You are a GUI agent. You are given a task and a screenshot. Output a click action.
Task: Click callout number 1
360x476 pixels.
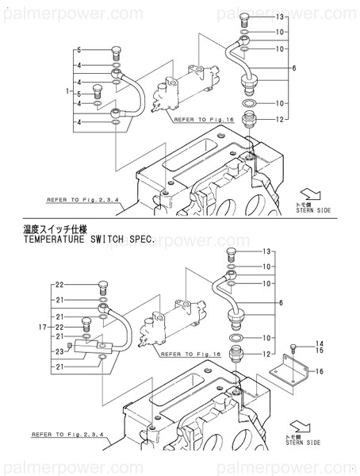[x=69, y=93]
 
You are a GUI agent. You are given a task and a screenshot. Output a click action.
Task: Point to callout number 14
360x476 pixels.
[x=320, y=343]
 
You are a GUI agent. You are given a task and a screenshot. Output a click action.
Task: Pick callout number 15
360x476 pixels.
[x=320, y=351]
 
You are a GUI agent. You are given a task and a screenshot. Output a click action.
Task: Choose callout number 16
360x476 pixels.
[x=320, y=370]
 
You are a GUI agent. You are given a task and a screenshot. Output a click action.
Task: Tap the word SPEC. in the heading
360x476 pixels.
[x=167, y=238]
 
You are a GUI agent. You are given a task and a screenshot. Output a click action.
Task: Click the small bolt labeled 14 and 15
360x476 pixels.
[x=294, y=347]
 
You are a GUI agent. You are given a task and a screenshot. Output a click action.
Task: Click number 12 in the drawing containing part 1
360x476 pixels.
[x=280, y=119]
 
